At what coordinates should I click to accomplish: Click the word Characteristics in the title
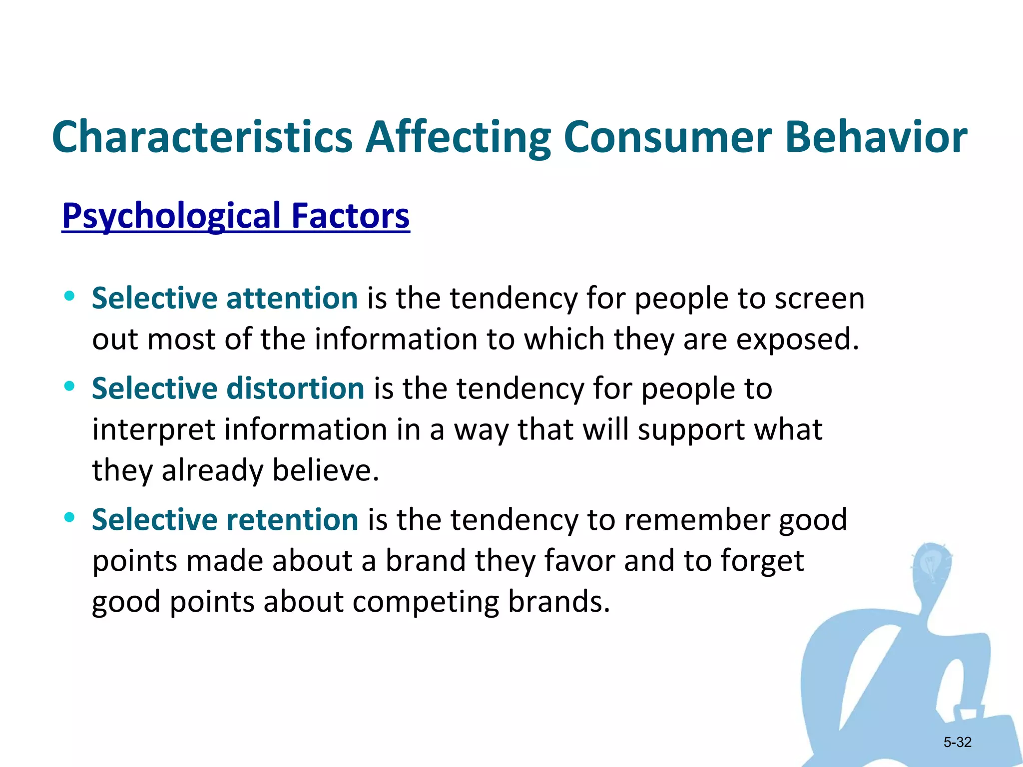(x=202, y=137)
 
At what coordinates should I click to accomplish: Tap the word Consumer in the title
(x=668, y=137)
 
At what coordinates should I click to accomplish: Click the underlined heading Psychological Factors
(x=236, y=216)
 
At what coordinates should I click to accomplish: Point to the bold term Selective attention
(x=225, y=298)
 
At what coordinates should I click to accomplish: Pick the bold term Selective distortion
(x=228, y=388)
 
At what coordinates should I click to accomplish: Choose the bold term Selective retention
(x=225, y=519)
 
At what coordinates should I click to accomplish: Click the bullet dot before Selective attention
(x=69, y=296)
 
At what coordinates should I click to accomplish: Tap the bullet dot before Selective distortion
(x=69, y=386)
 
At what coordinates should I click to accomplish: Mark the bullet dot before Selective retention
(x=69, y=517)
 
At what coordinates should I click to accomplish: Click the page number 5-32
(x=957, y=742)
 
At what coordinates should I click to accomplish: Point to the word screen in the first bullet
(x=819, y=299)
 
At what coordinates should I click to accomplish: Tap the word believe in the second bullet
(x=325, y=471)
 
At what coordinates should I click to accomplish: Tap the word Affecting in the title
(x=458, y=137)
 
